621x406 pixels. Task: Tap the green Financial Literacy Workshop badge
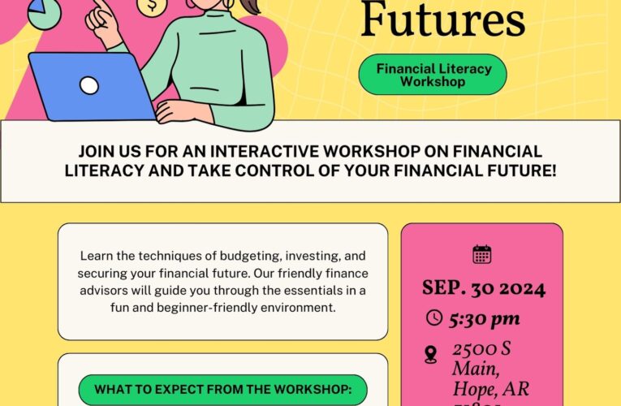tap(433, 75)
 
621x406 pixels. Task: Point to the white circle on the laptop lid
tap(89, 85)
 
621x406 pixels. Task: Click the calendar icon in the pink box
tap(482, 254)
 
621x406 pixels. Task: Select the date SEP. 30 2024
tap(483, 288)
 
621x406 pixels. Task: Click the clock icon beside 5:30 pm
tap(434, 317)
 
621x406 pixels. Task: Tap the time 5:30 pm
tap(485, 318)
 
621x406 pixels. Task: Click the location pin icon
tap(431, 354)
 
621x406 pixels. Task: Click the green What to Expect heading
tap(222, 390)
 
